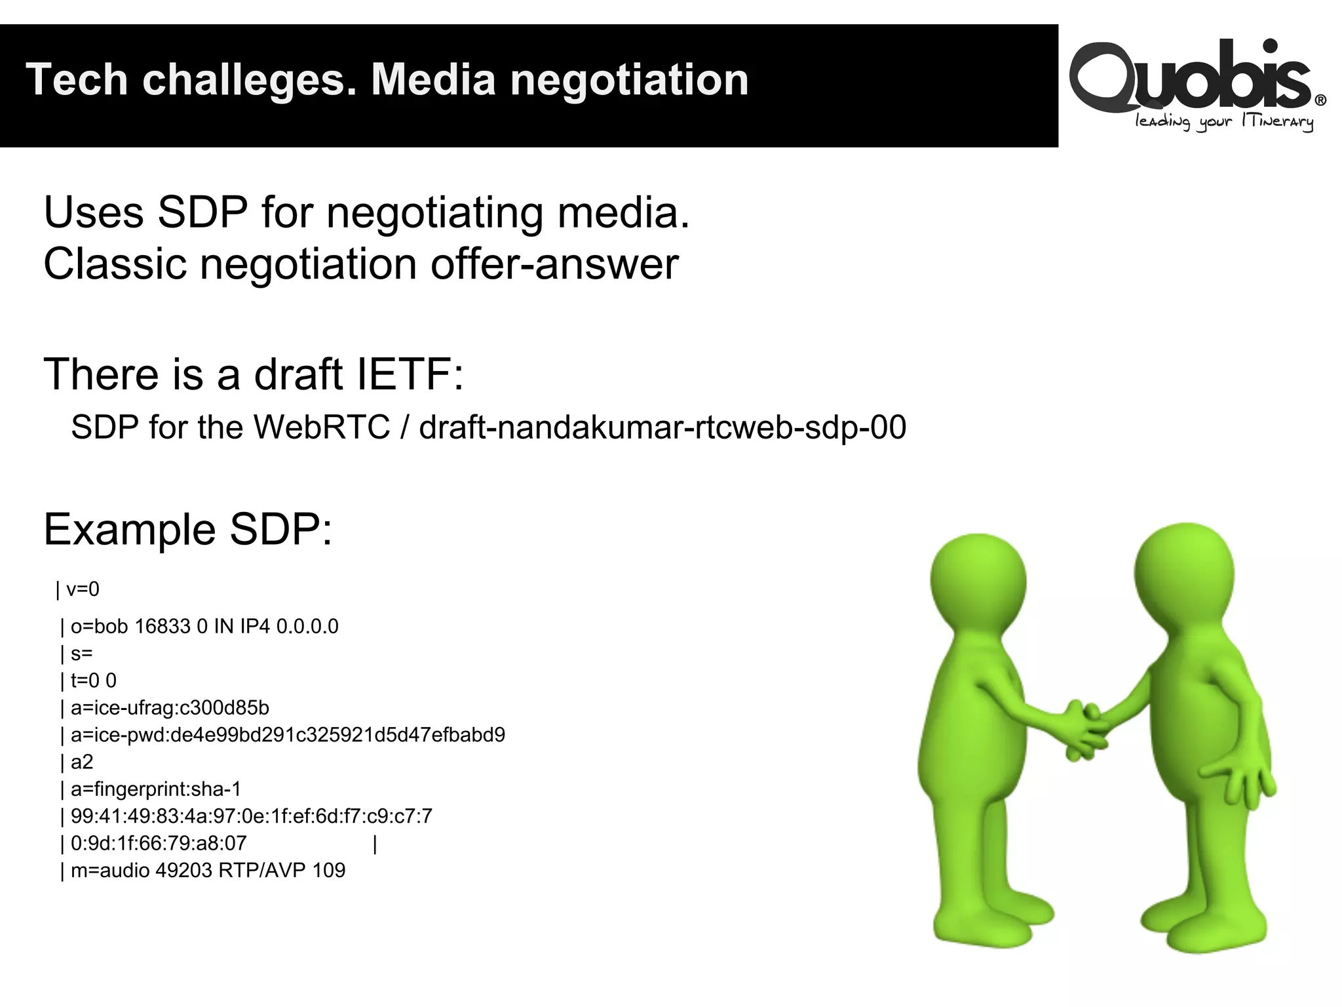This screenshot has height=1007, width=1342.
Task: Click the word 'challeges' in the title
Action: (x=249, y=80)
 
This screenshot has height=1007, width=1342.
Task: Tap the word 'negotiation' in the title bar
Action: (x=629, y=80)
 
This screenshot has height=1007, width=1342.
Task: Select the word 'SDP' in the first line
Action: (x=203, y=212)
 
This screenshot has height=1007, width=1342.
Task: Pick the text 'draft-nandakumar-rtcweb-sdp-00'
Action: (x=662, y=427)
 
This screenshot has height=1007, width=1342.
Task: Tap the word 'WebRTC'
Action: (x=321, y=427)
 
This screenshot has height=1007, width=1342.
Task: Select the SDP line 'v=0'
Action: (x=83, y=589)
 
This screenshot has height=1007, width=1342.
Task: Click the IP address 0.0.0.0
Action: (x=307, y=627)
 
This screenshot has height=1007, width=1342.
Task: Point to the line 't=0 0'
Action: (x=93, y=681)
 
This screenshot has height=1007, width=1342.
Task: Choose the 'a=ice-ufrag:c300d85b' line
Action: (x=170, y=708)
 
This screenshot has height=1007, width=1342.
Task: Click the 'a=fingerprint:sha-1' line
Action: (x=156, y=789)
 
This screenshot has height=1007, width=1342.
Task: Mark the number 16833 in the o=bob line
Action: (x=162, y=627)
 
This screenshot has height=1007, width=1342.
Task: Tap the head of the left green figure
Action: (x=978, y=577)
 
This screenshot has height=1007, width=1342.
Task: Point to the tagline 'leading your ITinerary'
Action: (x=1224, y=123)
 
